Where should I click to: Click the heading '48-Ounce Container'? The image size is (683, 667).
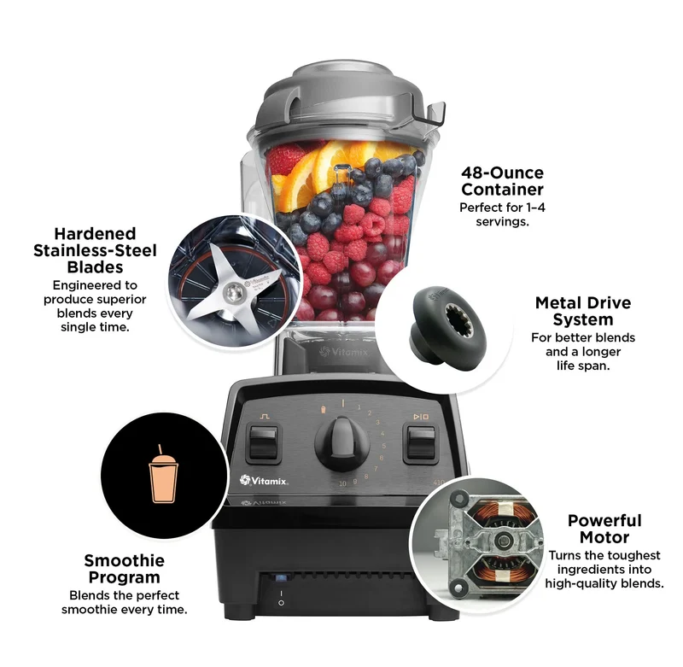tap(502, 181)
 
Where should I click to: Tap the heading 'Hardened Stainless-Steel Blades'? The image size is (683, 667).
tap(95, 250)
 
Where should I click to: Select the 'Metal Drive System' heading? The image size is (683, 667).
tap(583, 311)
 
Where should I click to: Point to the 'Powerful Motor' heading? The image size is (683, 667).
tap(604, 529)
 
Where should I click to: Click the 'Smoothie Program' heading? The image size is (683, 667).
tap(124, 569)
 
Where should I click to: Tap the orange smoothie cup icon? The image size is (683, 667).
tap(163, 474)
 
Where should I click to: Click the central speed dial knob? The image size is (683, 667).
tap(342, 443)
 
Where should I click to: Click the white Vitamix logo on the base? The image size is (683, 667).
tap(264, 481)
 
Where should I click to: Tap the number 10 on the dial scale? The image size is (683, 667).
tap(343, 483)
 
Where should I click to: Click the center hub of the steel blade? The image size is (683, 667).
tap(233, 293)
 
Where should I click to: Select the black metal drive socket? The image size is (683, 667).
tap(449, 325)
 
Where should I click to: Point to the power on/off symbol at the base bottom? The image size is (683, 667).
tap(281, 598)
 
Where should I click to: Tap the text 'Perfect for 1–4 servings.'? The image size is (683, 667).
tap(502, 214)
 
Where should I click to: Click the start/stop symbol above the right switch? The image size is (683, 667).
tap(421, 417)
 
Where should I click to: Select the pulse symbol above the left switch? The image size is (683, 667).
tap(265, 417)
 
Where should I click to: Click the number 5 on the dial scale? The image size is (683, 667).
tap(383, 446)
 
